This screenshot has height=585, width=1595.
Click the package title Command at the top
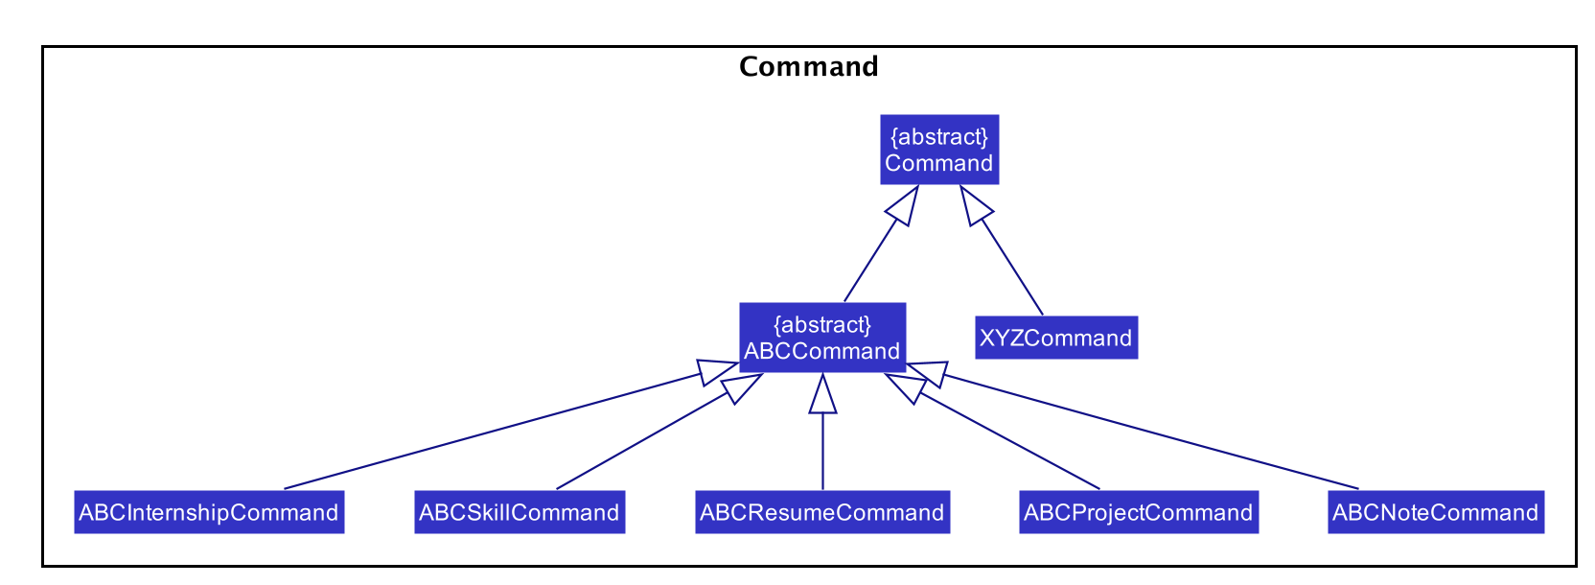click(x=808, y=66)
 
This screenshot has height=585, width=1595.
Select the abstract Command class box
click(x=939, y=150)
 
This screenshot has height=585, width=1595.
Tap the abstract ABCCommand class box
click(x=822, y=338)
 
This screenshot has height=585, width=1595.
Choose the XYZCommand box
click(x=1056, y=338)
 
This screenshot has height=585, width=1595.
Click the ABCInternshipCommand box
click(x=209, y=511)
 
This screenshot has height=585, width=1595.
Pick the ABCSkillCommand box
click(x=520, y=511)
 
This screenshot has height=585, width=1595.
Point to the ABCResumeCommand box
click(x=822, y=511)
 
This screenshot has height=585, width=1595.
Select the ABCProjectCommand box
click(x=1139, y=511)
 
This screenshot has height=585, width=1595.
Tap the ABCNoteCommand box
click(x=1436, y=511)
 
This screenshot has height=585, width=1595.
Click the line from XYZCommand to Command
click(x=1001, y=250)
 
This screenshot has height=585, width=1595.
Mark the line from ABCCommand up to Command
click(x=882, y=244)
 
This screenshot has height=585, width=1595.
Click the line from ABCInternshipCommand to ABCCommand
click(x=511, y=426)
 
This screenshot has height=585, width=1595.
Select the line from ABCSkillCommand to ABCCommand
click(x=659, y=432)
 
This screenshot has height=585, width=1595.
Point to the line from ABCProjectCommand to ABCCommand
click(x=992, y=432)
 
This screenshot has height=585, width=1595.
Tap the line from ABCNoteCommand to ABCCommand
click(x=1132, y=426)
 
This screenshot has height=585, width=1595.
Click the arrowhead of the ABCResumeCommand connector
click(x=822, y=394)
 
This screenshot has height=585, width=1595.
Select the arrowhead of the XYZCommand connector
click(x=975, y=206)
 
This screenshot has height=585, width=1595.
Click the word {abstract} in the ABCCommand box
click(x=822, y=325)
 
